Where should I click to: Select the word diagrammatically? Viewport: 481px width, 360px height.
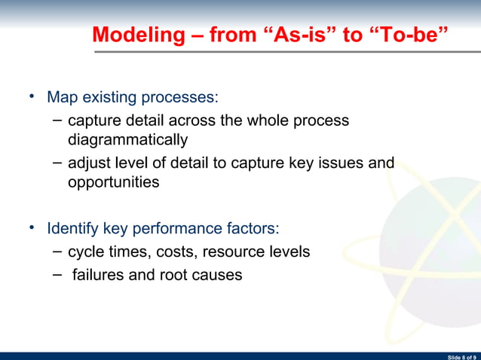pos(127,140)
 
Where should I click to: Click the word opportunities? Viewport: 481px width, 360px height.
pos(113,182)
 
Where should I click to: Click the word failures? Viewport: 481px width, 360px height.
pos(98,275)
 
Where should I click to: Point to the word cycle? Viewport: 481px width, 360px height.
pos(85,252)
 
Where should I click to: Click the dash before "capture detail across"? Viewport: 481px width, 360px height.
pos(58,121)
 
